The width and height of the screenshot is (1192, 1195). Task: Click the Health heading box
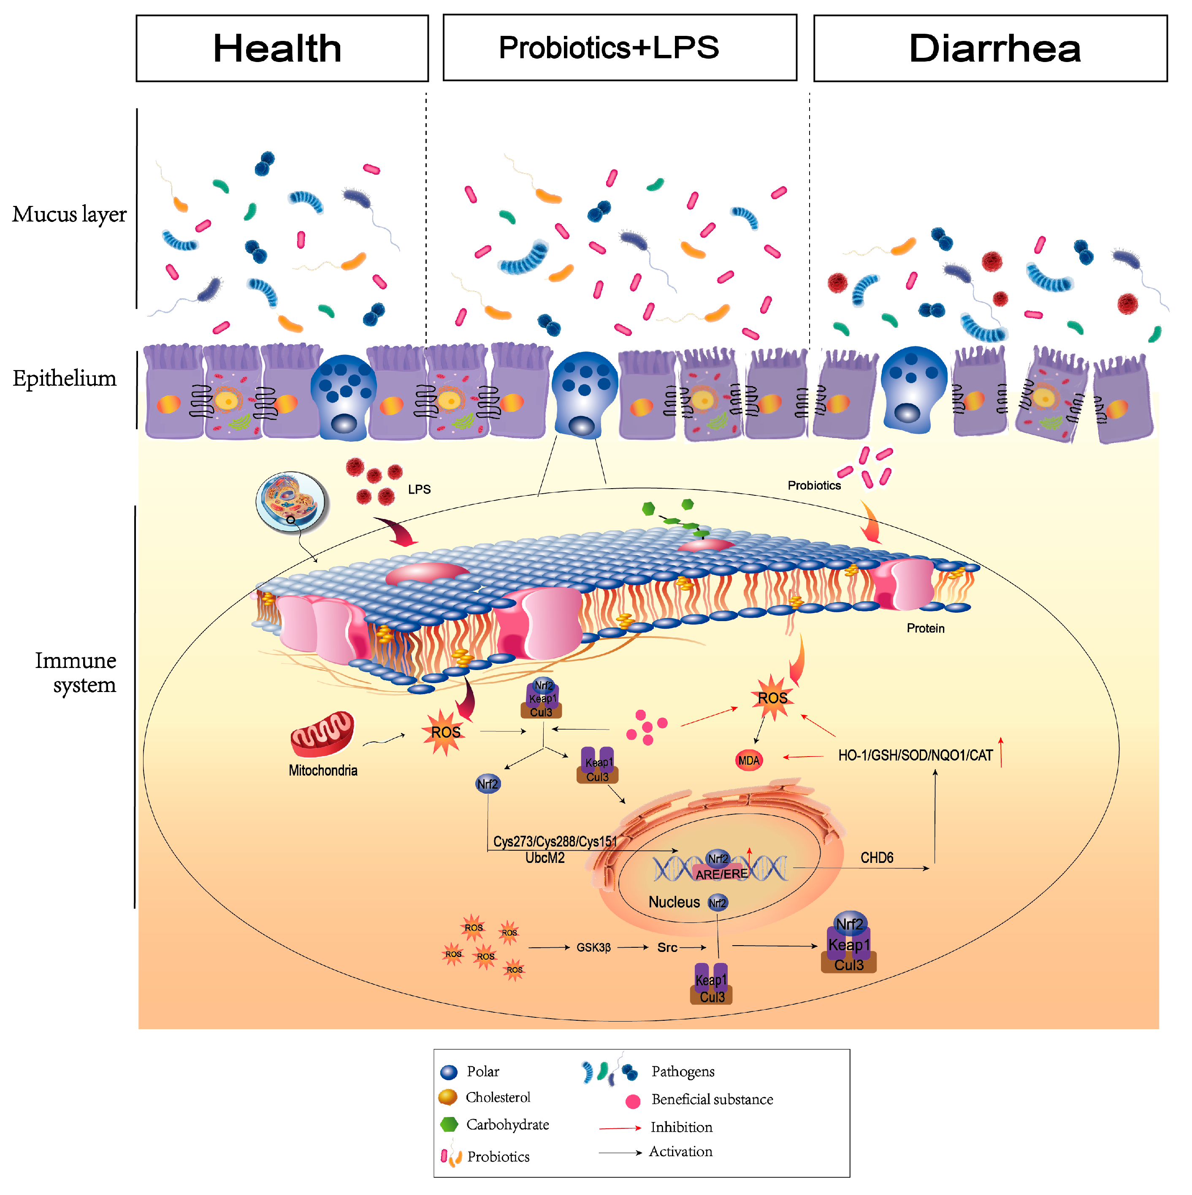[282, 48]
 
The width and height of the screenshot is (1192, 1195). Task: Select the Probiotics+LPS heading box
[620, 48]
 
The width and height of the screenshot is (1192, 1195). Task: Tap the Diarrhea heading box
[990, 48]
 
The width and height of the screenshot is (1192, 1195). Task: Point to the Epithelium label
[64, 379]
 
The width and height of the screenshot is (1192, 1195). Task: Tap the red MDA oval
[748, 761]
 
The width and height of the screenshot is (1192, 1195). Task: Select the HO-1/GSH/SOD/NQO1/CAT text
[916, 756]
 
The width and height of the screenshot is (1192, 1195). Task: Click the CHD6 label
[877, 858]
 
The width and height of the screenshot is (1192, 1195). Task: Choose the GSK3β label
[593, 948]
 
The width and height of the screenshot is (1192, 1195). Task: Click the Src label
[667, 948]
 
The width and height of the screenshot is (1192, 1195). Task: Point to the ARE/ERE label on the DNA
[721, 874]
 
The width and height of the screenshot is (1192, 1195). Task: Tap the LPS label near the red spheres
[419, 489]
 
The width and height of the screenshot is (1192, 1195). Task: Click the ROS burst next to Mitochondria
[445, 733]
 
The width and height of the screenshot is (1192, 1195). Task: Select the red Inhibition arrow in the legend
[620, 1128]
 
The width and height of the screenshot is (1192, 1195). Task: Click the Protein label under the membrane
[925, 628]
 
